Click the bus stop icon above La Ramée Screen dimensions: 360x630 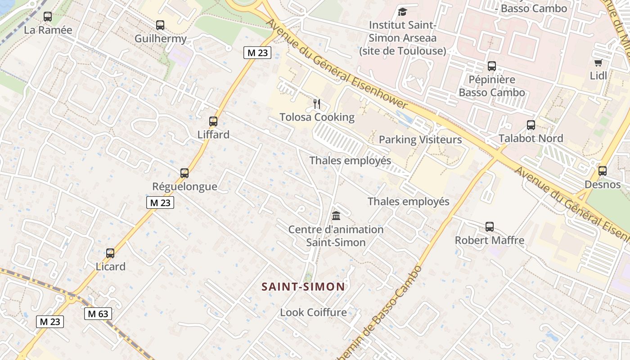click(47, 17)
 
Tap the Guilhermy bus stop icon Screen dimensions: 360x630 click(160, 25)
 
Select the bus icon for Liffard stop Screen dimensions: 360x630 click(213, 121)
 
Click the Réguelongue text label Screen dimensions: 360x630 click(184, 186)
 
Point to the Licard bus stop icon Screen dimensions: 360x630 click(110, 253)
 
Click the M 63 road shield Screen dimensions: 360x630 click(98, 314)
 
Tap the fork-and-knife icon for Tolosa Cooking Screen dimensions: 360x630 click(317, 104)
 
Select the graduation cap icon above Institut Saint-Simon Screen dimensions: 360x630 click(402, 11)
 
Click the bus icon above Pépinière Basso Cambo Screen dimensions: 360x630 click(491, 66)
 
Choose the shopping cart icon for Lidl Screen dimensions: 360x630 click(598, 63)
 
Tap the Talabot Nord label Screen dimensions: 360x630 click(531, 138)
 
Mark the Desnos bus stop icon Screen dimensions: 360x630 click(602, 171)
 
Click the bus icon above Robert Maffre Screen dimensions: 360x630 click(490, 227)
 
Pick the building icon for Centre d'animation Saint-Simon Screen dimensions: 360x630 click(336, 216)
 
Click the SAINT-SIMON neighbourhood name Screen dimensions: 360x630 click(303, 287)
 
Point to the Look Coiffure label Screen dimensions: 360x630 click(313, 312)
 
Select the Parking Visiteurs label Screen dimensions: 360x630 click(420, 139)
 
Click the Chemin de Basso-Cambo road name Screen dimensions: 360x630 click(382, 315)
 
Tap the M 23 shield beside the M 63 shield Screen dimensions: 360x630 click(50, 322)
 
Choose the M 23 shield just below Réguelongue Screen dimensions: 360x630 click(160, 202)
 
